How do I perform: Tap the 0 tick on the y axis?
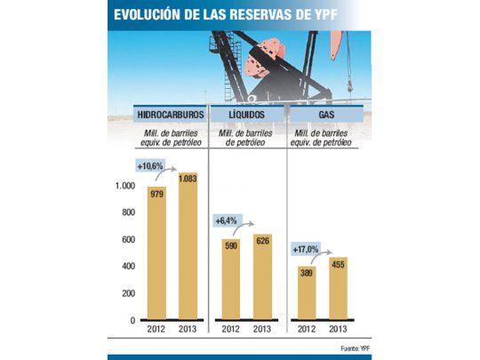(132, 320)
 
